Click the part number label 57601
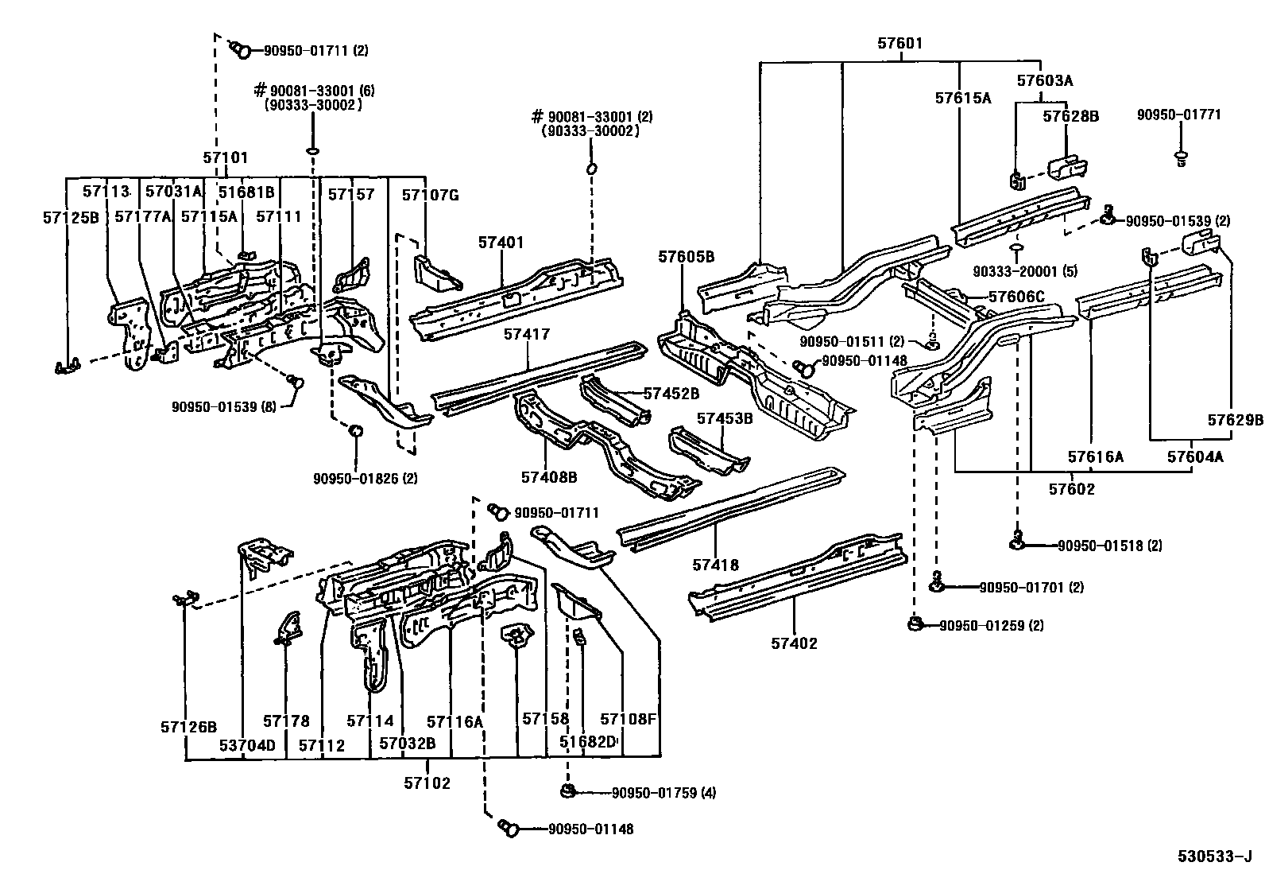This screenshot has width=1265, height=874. pyautogui.click(x=899, y=44)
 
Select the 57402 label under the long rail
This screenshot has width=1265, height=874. pyautogui.click(x=793, y=643)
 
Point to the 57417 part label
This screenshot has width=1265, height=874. pyautogui.click(x=526, y=335)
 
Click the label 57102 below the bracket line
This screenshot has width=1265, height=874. pyautogui.click(x=427, y=783)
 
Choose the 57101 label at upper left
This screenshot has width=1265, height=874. pyautogui.click(x=226, y=157)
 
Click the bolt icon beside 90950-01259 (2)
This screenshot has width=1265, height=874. pyautogui.click(x=915, y=624)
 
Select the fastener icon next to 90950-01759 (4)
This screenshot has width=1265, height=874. pyautogui.click(x=567, y=791)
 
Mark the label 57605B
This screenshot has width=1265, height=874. pyautogui.click(x=686, y=256)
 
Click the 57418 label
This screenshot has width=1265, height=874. pyautogui.click(x=715, y=565)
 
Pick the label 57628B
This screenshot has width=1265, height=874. pyautogui.click(x=1070, y=116)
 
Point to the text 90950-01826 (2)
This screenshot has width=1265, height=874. pyautogui.click(x=365, y=478)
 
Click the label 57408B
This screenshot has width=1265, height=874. pyautogui.click(x=548, y=477)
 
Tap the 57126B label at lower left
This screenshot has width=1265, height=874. pyautogui.click(x=188, y=726)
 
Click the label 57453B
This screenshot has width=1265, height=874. pyautogui.click(x=725, y=418)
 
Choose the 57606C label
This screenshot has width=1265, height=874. pyautogui.click(x=1015, y=297)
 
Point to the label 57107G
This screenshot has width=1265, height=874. pyautogui.click(x=430, y=195)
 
